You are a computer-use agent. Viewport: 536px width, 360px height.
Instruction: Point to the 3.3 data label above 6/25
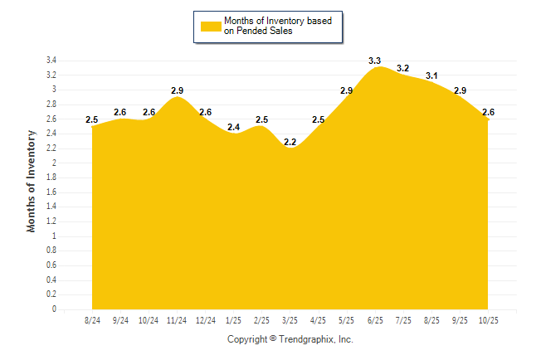point(374,61)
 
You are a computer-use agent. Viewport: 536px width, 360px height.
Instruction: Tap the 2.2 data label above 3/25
point(290,143)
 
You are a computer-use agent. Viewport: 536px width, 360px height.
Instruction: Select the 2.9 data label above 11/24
point(177,90)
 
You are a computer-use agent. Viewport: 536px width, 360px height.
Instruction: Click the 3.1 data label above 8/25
point(431,76)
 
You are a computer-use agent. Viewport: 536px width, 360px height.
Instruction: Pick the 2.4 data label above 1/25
point(233,128)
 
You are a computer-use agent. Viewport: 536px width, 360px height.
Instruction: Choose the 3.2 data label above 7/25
point(403,69)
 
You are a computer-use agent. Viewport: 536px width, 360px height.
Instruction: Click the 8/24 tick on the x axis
point(92,319)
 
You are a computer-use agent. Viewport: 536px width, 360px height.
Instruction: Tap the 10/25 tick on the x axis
point(488,319)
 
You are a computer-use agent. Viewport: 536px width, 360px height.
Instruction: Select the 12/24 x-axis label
point(205,319)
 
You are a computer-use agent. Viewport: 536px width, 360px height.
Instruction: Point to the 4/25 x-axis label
point(318,319)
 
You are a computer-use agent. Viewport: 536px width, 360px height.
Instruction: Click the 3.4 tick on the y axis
point(51,61)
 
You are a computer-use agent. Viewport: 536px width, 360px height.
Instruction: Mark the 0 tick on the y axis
point(54,309)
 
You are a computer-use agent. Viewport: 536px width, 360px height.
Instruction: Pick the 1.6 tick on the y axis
point(51,192)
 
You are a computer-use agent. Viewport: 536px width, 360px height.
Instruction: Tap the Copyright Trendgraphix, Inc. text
point(290,339)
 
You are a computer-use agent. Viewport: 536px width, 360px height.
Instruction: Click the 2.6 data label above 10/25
point(488,113)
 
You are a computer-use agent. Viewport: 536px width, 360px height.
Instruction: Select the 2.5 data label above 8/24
point(92,120)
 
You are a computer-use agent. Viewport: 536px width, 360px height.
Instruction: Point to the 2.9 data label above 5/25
point(346,90)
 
